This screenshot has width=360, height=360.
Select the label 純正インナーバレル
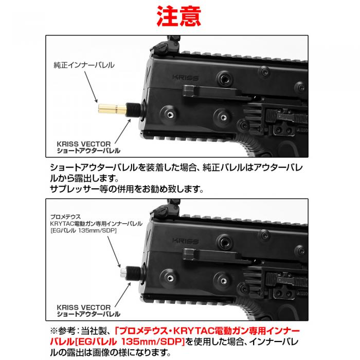[84, 65]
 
